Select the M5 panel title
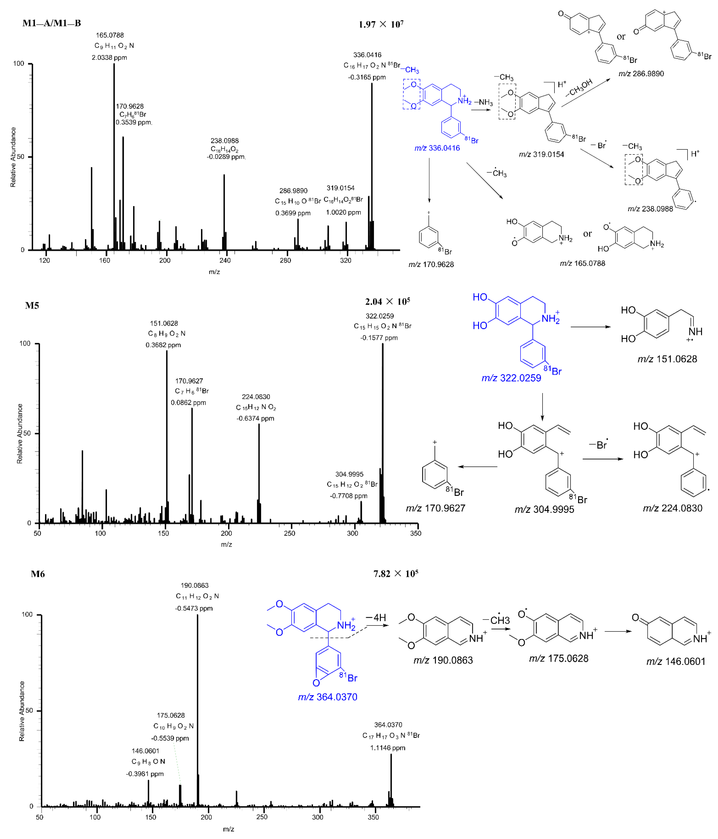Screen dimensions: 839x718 (x=32, y=306)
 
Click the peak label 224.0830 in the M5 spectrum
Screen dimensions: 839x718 (x=256, y=397)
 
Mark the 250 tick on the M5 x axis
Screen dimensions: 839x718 (x=289, y=533)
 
